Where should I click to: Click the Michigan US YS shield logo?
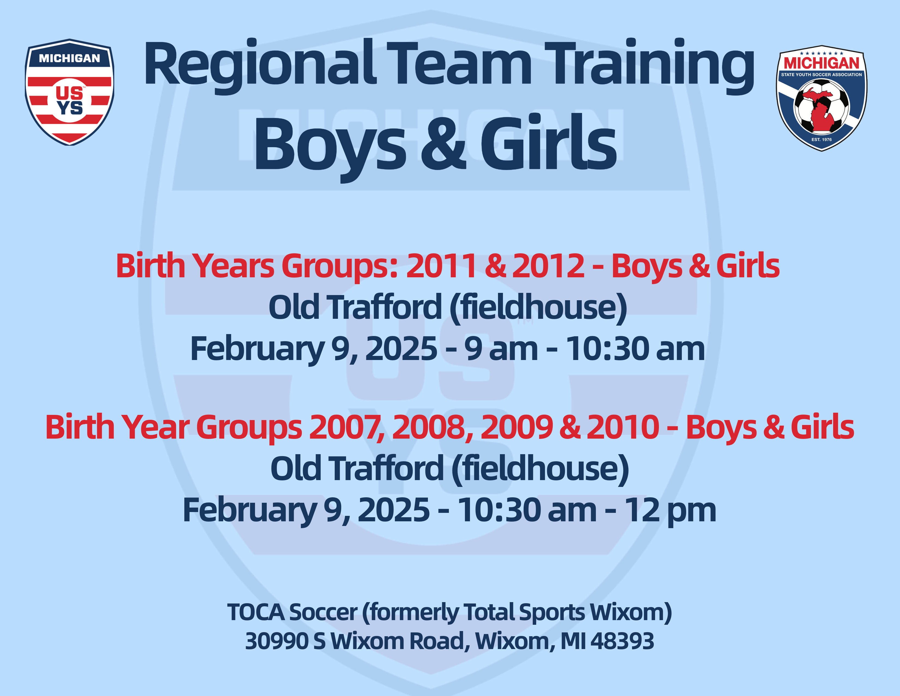70,92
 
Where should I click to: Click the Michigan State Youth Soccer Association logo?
822,98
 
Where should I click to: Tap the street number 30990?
277,641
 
